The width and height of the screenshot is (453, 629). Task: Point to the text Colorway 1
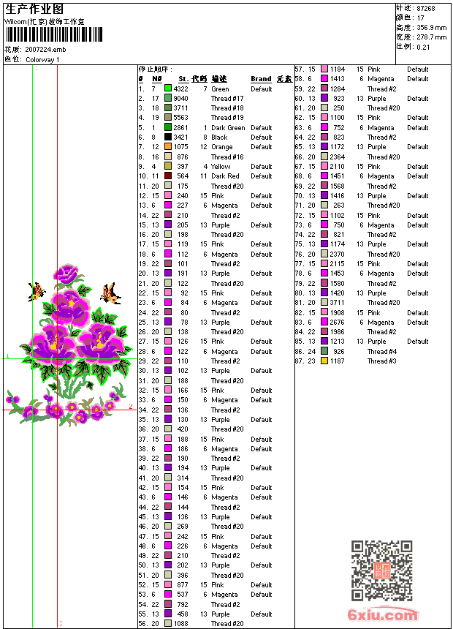[43, 59]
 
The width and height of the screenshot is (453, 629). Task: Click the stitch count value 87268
[425, 8]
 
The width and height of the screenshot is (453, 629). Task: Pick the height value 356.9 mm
[432, 27]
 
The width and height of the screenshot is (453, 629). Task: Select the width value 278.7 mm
[432, 37]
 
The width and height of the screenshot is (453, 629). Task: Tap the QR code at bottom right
[382, 570]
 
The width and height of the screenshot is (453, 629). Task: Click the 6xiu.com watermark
[383, 615]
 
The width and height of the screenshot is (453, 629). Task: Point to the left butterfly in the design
[35, 292]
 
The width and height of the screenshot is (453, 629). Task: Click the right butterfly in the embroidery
[110, 294]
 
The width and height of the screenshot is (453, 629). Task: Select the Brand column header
[261, 79]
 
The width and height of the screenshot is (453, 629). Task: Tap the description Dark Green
[228, 127]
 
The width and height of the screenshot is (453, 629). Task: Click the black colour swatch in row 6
[168, 137]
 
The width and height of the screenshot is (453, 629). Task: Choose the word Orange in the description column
[222, 147]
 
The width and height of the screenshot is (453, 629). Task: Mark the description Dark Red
[225, 176]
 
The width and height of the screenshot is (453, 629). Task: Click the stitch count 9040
[180, 98]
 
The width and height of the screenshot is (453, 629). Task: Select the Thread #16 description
[227, 157]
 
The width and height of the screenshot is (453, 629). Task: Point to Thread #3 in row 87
[382, 361]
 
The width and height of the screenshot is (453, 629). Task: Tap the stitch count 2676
[338, 322]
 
